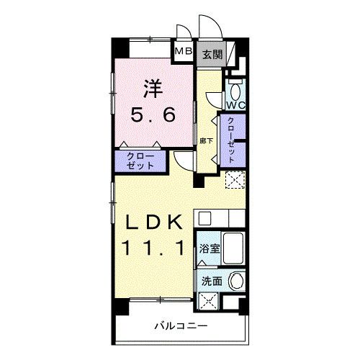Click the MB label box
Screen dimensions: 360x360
pyautogui.click(x=183, y=53)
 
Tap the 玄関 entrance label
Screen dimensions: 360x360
pyautogui.click(x=210, y=53)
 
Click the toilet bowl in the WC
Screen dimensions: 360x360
pyautogui.click(x=235, y=89)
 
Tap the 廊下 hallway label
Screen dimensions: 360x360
pyautogui.click(x=206, y=140)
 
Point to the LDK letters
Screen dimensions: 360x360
pyautogui.click(x=152, y=220)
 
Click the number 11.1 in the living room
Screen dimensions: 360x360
pyautogui.click(x=152, y=248)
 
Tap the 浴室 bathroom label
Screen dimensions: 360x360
pyautogui.click(x=210, y=248)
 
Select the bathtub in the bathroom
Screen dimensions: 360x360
pyautogui.click(x=234, y=249)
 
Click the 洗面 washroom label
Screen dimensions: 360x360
pyautogui.click(x=210, y=282)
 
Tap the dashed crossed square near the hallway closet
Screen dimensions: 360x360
pyautogui.click(x=235, y=180)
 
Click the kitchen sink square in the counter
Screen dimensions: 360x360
pyautogui.click(x=204, y=216)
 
